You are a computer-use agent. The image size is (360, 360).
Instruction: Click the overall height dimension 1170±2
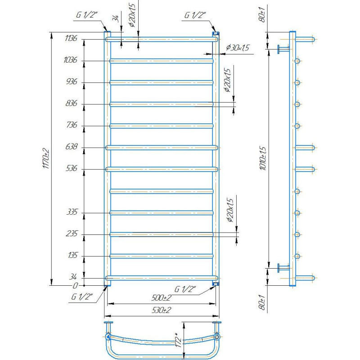pos(46,159)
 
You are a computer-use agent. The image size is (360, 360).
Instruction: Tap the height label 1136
pos(71,38)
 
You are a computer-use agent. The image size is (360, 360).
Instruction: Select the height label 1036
pos(70,60)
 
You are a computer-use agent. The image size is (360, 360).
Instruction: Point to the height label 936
pos(72,81)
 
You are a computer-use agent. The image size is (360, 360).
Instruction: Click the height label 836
pos(72,103)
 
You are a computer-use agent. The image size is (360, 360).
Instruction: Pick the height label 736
pos(72,125)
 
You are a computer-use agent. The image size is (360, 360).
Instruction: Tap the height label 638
pos(72,147)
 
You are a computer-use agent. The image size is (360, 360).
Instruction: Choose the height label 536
pos(72,168)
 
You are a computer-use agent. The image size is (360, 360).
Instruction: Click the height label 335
pos(72,211)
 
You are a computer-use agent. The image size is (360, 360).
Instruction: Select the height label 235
pos(72,234)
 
